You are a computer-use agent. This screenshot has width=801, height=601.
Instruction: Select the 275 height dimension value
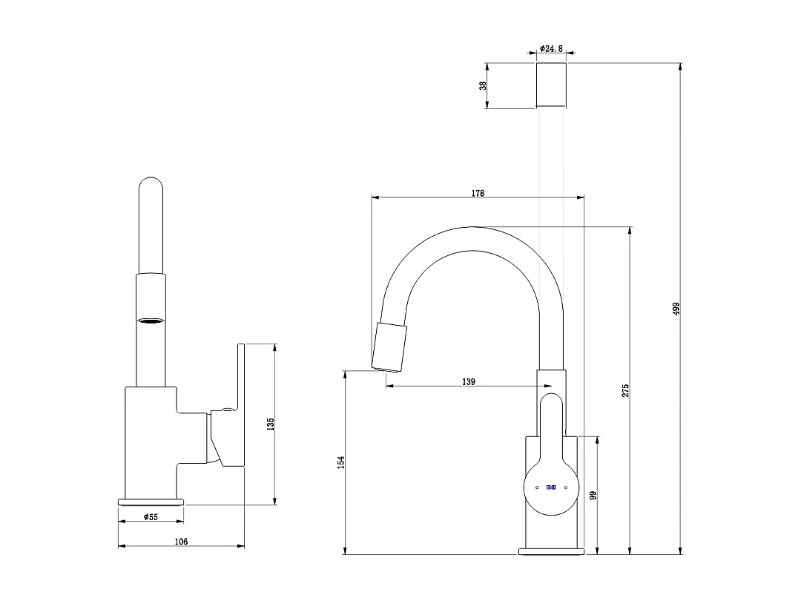pos(625,390)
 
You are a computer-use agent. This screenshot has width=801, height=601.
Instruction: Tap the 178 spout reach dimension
pos(478,193)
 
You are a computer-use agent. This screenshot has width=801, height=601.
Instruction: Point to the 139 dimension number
pos(468,382)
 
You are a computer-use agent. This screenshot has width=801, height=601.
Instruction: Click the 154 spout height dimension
pos(340,462)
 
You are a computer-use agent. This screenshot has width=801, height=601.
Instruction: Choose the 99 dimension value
pos(593,495)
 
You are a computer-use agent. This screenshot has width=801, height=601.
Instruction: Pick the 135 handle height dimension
pos(271,424)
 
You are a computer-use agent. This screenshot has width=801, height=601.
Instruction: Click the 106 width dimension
pos(181,542)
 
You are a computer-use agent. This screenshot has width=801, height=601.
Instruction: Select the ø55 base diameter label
pos(151,516)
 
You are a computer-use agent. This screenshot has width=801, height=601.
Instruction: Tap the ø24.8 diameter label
pos(552,48)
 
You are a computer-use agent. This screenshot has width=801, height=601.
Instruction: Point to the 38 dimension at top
pos(483,85)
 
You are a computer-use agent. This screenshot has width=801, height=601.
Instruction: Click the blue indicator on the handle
pos(551,487)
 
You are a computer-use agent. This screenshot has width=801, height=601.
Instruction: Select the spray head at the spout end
pos(391,347)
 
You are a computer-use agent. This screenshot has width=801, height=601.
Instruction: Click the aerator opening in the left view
pos(151,321)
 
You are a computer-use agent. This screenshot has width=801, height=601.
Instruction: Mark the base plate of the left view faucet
pos(151,502)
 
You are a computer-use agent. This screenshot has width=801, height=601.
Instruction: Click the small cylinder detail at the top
pos(551,85)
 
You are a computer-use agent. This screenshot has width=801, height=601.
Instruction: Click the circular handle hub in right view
pos(551,487)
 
